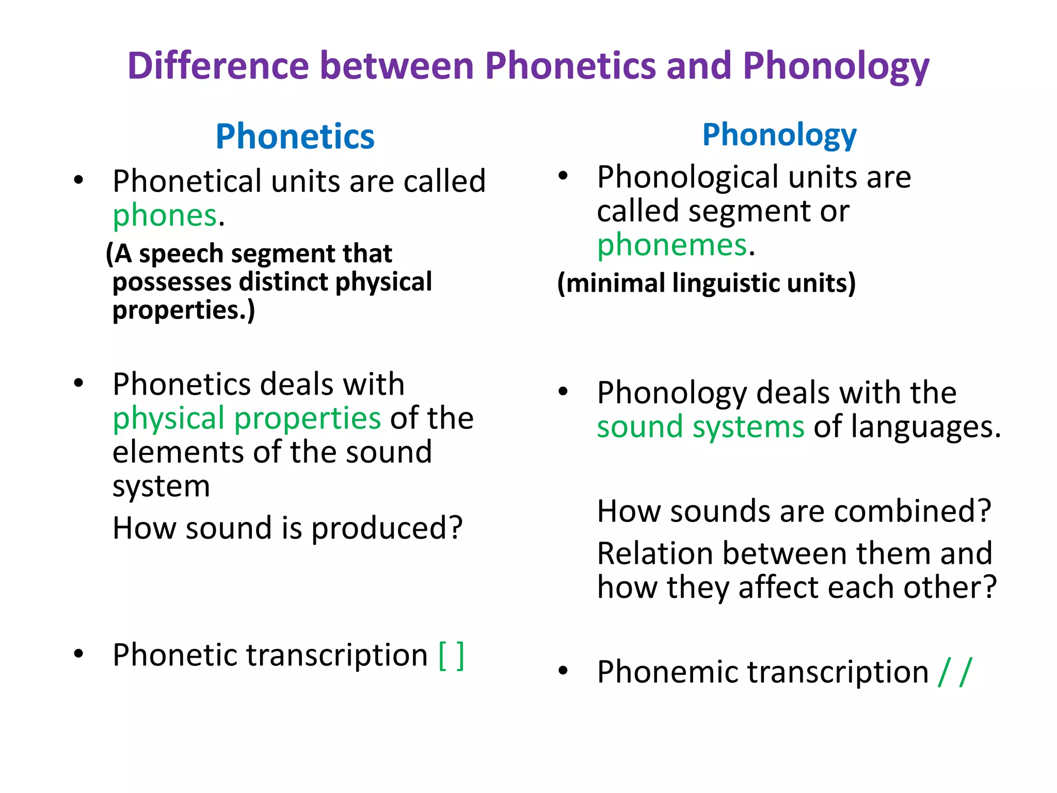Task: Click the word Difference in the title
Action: [218, 66]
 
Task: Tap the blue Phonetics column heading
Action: [295, 137]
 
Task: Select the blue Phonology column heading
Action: [779, 135]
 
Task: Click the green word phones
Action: [165, 215]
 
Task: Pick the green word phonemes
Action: [672, 245]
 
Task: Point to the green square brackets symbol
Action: [451, 656]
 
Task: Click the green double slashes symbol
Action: [955, 672]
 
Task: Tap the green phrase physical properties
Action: [247, 418]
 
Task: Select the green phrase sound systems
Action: [700, 427]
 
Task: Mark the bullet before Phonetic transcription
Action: [78, 654]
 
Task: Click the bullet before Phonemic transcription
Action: [563, 671]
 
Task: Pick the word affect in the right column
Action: [775, 588]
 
